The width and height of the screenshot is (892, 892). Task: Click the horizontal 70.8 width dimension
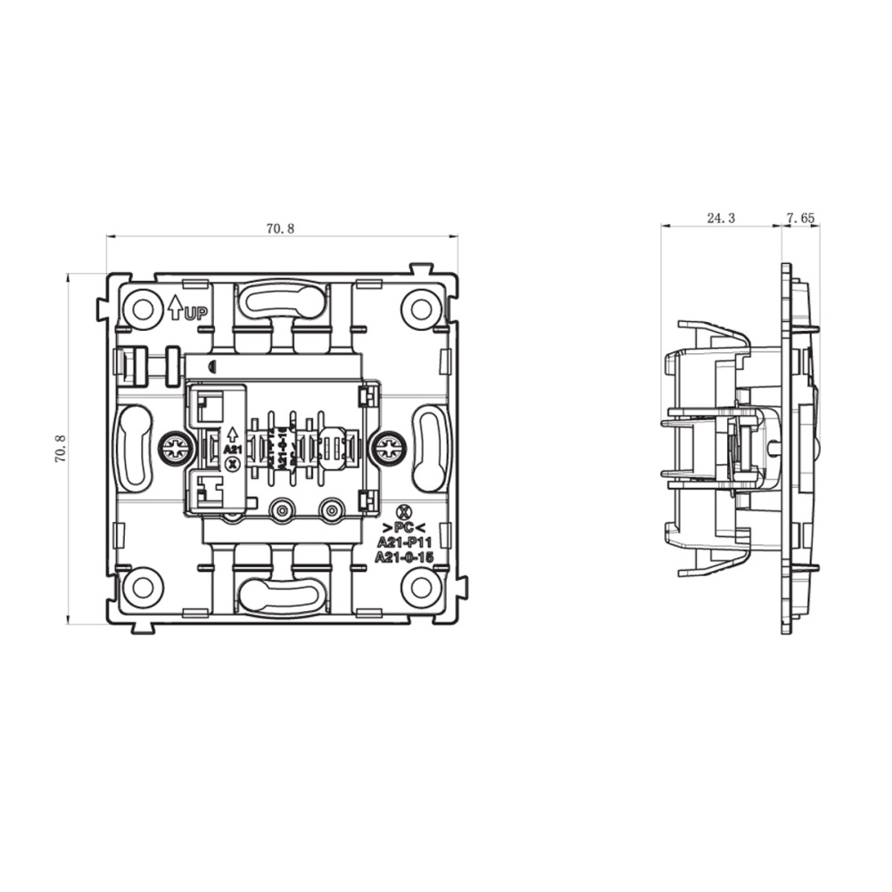279,228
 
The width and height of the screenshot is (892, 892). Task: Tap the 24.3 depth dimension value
720,218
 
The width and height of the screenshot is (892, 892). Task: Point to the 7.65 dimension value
800,218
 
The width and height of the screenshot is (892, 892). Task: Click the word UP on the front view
196,313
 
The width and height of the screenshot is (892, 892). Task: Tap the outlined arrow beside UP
175,308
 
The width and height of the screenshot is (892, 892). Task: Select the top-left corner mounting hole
142,309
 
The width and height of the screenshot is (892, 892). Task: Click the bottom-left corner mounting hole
142,586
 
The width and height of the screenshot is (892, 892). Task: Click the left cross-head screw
174,450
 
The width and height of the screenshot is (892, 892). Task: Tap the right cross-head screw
387,450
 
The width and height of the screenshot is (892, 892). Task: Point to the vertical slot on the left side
133,448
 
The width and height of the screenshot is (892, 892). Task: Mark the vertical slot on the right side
430,448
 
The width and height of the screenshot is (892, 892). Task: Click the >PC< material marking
403,526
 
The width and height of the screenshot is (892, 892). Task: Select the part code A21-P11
403,541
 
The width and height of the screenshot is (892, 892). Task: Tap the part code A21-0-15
403,557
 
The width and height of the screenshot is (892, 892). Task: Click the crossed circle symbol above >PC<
403,511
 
